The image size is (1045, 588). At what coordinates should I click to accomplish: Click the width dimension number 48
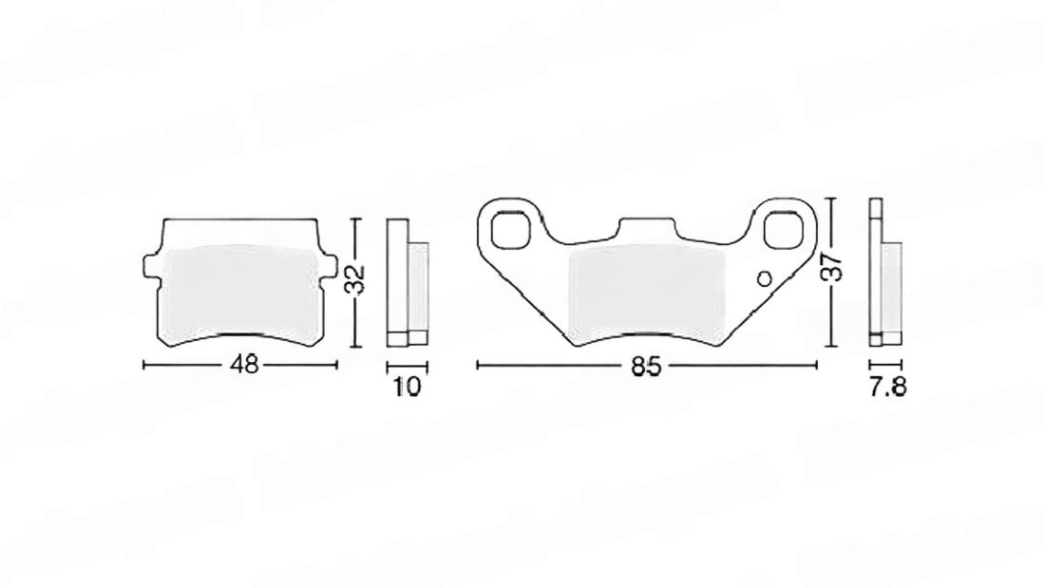click(x=244, y=365)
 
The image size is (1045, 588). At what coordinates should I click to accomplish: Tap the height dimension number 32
click(x=357, y=280)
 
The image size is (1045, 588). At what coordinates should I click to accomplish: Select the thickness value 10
click(x=408, y=387)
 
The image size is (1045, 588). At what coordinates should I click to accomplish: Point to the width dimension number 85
click(x=646, y=366)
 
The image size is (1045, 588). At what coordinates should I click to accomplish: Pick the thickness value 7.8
click(x=887, y=387)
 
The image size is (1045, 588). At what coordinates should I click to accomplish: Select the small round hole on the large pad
click(x=765, y=278)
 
